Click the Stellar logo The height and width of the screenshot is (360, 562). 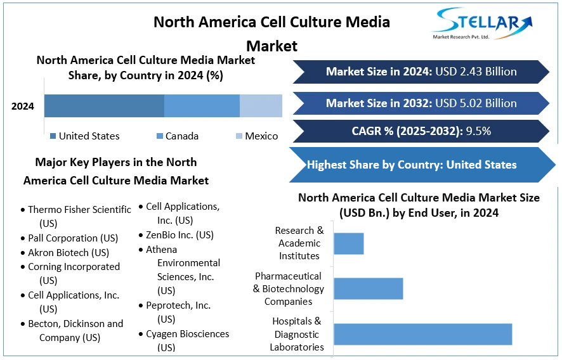482,24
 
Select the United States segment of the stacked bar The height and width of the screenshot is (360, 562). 104,106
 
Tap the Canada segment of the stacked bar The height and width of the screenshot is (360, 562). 202,106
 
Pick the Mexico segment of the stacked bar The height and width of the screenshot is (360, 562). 261,106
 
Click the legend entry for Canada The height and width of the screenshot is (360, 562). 177,136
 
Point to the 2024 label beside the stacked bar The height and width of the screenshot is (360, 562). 23,106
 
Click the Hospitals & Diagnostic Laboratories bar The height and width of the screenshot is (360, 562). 422,334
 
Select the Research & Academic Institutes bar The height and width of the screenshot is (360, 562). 348,243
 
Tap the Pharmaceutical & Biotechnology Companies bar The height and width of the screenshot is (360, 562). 368,288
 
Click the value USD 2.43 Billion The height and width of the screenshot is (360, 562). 476,72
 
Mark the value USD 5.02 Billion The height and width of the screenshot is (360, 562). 476,103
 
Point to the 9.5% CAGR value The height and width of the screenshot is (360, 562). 478,131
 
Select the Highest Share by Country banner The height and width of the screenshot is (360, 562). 412,165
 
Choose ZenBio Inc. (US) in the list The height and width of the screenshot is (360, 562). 180,235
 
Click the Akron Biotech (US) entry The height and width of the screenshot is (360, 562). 69,252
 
